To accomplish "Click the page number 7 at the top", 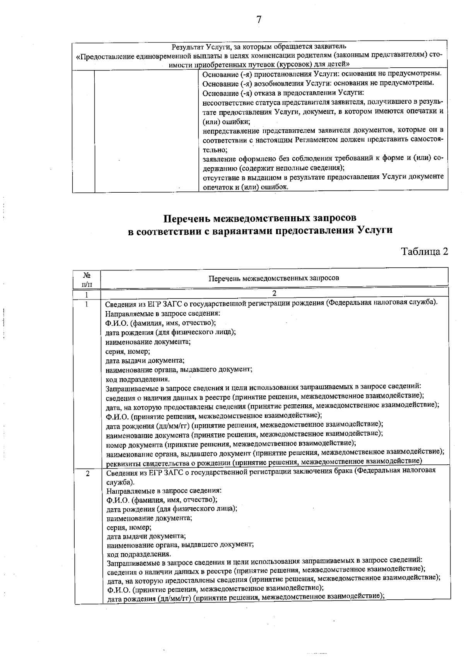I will pyautogui.click(x=259, y=20).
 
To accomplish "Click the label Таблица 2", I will pyautogui.click(x=425, y=252).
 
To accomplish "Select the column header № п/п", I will pyautogui.click(x=87, y=279).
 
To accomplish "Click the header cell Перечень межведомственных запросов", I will pyautogui.click(x=274, y=278).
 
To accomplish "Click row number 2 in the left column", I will pyautogui.click(x=88, y=474).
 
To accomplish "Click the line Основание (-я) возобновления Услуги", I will pyautogui.click(x=318, y=83).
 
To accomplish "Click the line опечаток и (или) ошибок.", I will pyautogui.click(x=246, y=186).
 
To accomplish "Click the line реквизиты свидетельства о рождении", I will pyautogui.click(x=263, y=462).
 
